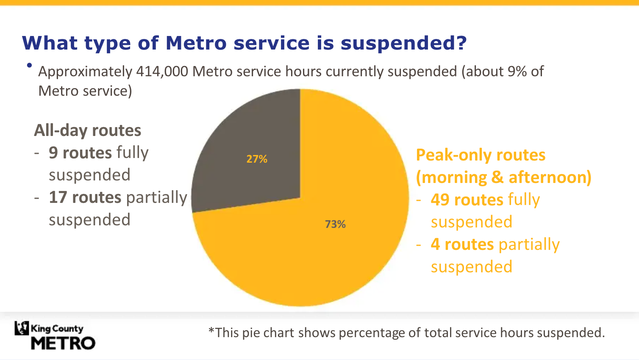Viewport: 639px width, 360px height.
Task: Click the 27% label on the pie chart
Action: [x=257, y=159]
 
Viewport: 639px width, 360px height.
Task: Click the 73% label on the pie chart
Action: [x=335, y=224]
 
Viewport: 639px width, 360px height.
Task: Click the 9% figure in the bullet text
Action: [x=517, y=72]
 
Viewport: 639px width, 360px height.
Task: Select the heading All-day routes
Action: [x=88, y=130]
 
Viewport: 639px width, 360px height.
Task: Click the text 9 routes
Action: [x=81, y=153]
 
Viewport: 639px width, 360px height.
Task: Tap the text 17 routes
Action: [x=85, y=197]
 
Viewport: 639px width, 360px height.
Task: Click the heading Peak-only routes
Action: [x=481, y=155]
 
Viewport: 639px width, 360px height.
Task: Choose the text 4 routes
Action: [x=462, y=244]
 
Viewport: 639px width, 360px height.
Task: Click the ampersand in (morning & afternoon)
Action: [x=497, y=177]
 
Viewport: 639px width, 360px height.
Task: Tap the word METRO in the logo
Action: [x=63, y=343]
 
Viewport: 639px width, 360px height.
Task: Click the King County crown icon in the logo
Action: [x=22, y=328]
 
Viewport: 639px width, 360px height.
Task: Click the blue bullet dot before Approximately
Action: [x=29, y=65]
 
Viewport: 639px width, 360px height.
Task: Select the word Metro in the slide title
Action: [x=195, y=43]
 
